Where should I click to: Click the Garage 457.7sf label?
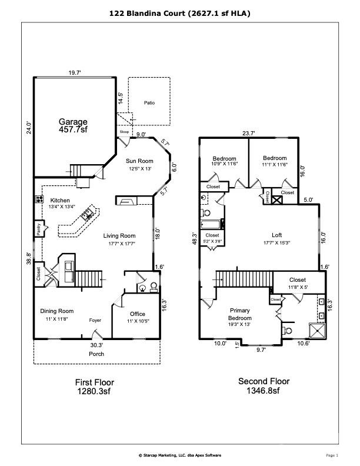(x=73, y=125)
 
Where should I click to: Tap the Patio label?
(x=149, y=102)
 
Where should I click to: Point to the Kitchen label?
(x=60, y=200)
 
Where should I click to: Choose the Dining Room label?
(x=56, y=311)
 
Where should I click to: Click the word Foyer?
(x=96, y=321)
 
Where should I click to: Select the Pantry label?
(x=38, y=229)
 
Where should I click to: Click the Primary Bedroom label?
(x=239, y=314)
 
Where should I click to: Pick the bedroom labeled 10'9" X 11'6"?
(x=224, y=158)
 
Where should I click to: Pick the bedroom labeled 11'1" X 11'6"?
(x=275, y=158)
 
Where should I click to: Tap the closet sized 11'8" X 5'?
(x=297, y=279)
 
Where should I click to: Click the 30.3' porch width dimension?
(x=97, y=346)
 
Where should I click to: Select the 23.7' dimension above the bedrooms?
(x=249, y=134)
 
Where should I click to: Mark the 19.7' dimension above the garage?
(x=74, y=73)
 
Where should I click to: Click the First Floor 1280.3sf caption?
(x=95, y=385)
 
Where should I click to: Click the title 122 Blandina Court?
(x=179, y=12)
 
